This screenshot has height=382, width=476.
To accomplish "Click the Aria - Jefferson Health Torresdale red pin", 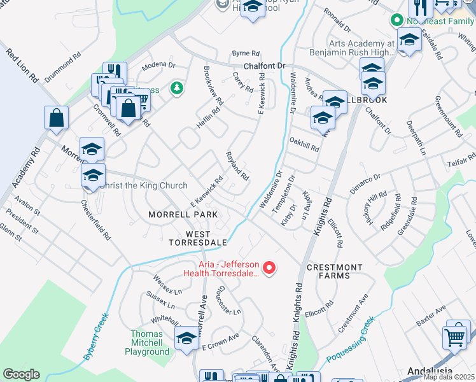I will coord(269,268).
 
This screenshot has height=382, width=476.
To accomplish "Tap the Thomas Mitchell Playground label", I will coord(151,343).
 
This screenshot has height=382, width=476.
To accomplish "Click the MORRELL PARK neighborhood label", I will coord(183,215).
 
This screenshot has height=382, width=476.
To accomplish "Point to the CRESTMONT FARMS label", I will coord(335,272).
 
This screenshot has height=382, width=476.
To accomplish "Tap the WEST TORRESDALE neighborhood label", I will coord(197,237).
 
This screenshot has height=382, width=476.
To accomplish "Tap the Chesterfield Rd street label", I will coord(95,220).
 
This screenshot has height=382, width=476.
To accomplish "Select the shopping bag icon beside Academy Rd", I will coord(56,117).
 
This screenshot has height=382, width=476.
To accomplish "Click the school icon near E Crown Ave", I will coord(186,338).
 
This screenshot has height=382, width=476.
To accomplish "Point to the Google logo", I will coord(22,374).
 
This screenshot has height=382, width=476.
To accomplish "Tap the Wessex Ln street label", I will coord(167,281).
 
